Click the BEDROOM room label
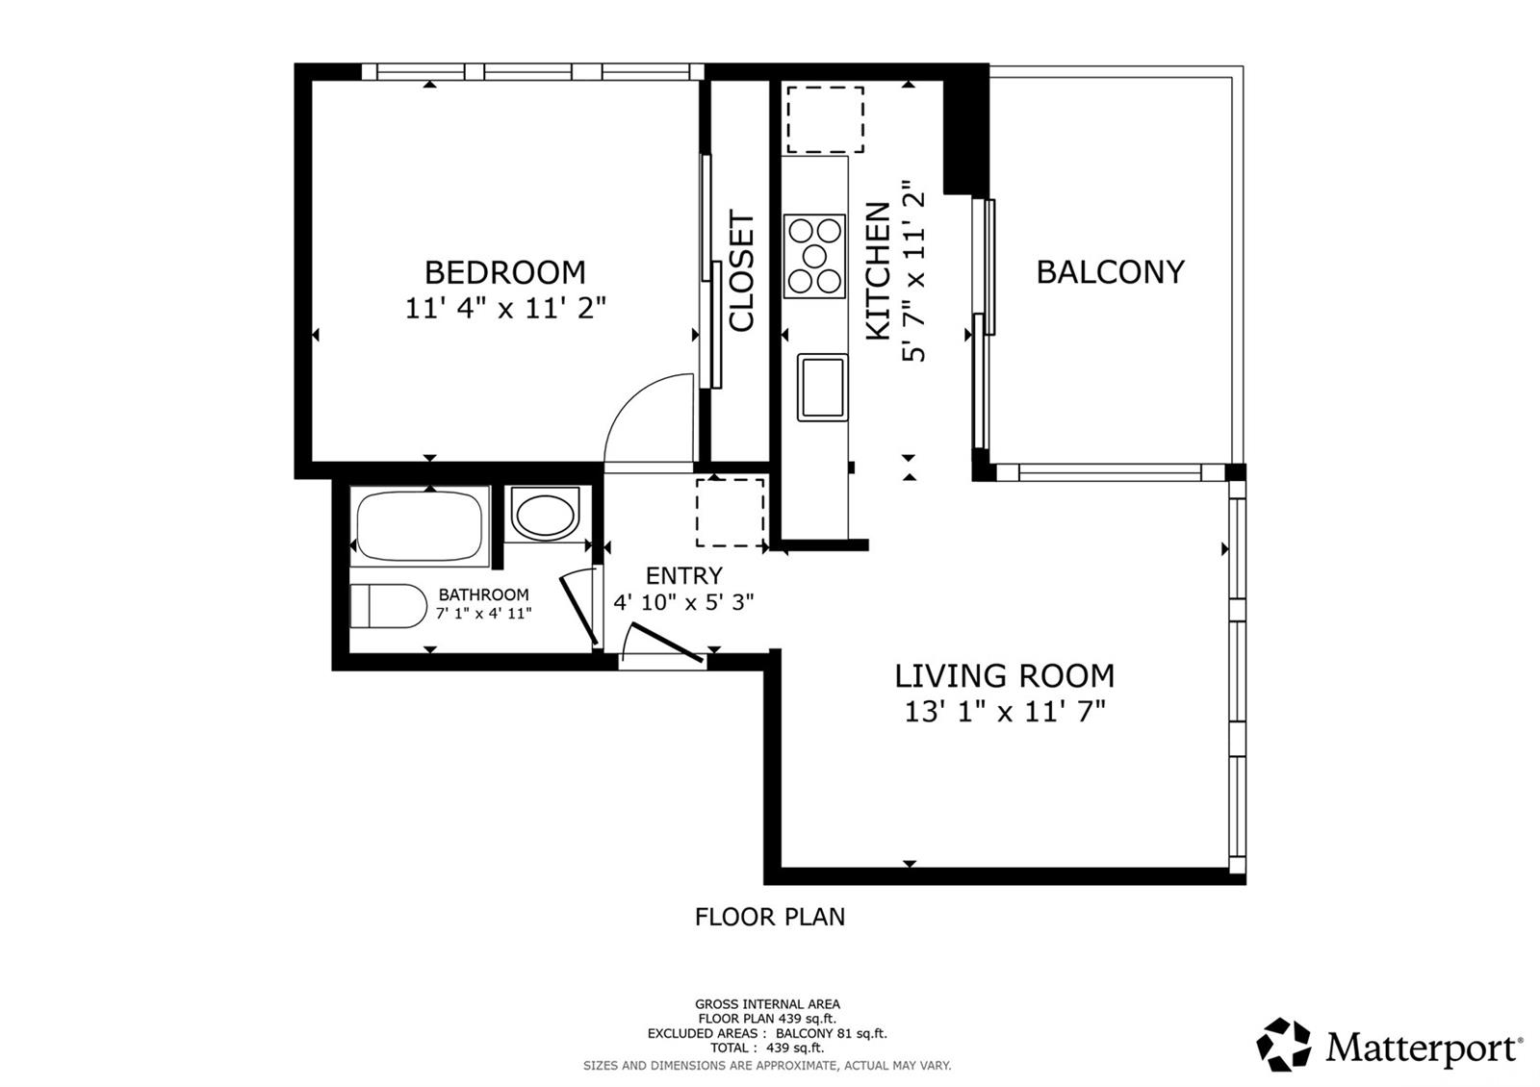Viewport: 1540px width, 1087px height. pos(504,272)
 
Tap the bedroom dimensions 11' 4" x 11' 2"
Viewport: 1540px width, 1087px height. pos(504,309)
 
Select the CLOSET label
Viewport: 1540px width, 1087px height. pos(742,271)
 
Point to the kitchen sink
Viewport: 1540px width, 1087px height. pos(822,387)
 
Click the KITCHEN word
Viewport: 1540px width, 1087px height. pos(878,271)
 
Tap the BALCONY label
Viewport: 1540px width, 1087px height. pos(1109,272)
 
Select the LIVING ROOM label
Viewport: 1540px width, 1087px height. pos(1004,676)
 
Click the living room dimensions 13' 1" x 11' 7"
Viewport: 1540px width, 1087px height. pos(1004,712)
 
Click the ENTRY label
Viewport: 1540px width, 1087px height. pos(683,575)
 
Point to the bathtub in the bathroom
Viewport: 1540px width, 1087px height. pos(420,525)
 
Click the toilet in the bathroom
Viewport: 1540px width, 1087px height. pos(388,606)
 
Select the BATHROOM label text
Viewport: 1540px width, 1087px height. pos(483,594)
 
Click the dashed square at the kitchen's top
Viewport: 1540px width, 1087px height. pos(825,119)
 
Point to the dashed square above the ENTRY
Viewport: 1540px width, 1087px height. pos(730,513)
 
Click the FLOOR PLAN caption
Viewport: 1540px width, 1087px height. pos(769,917)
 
